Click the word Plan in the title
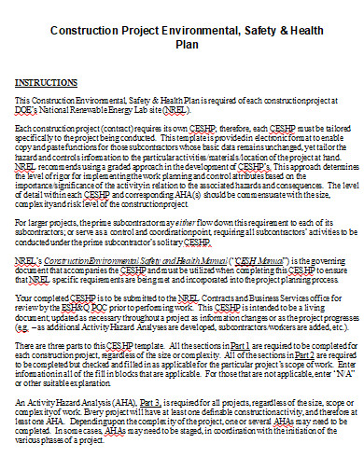(183, 46)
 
